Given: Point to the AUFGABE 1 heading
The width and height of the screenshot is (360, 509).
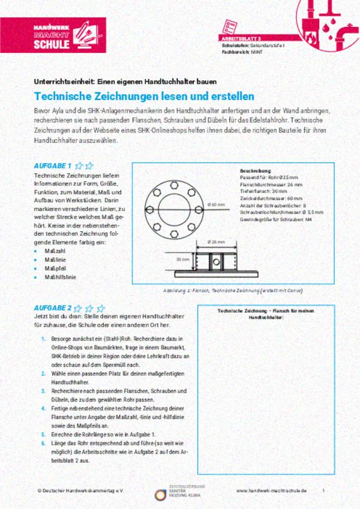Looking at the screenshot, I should [x=53, y=165].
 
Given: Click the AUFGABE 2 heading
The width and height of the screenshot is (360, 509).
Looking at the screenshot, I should [x=53, y=307].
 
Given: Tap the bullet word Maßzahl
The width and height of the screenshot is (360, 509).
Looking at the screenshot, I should [x=55, y=251].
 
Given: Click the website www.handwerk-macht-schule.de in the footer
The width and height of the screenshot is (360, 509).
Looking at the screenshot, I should [x=271, y=490].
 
